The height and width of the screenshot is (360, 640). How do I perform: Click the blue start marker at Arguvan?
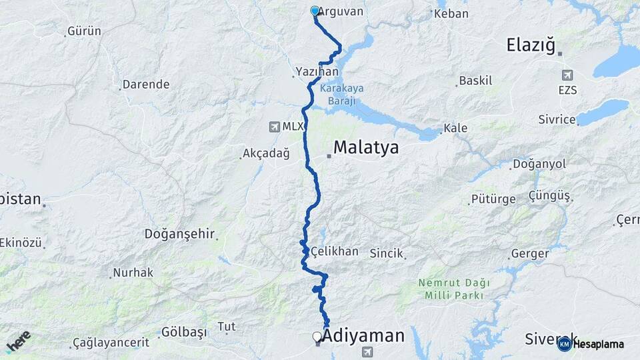[315, 11]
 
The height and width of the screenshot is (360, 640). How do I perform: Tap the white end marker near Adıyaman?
[317, 337]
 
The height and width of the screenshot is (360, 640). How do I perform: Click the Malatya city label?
[366, 147]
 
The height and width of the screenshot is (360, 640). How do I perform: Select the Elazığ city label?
[531, 45]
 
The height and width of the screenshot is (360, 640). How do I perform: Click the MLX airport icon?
[275, 127]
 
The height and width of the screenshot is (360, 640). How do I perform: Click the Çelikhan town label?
[335, 251]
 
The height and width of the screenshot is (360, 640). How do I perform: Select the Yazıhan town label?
[317, 71]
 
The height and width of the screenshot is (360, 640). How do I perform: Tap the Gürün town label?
[86, 31]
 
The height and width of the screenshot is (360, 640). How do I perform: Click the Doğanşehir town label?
[179, 234]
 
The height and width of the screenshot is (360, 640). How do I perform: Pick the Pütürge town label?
[493, 199]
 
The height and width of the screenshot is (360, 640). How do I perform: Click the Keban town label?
[451, 13]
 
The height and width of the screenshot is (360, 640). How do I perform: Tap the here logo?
[18, 341]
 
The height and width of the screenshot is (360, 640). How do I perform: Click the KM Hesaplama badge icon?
[564, 344]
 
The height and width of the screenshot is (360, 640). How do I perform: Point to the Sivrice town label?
[557, 119]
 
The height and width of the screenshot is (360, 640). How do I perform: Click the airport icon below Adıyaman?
[366, 352]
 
